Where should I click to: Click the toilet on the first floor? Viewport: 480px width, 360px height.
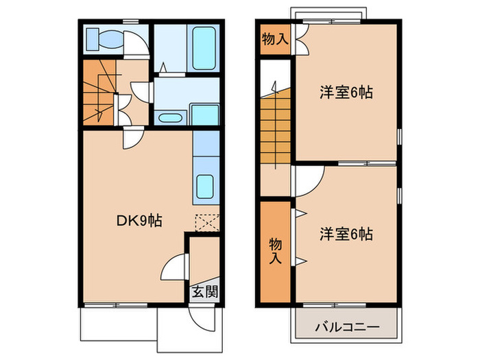(104, 40)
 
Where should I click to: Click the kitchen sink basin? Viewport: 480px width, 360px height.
(206, 185)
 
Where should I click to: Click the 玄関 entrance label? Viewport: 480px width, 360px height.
(204, 291)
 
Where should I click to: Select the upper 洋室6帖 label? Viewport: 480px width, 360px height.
(346, 93)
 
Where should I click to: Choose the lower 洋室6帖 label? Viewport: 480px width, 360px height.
(346, 235)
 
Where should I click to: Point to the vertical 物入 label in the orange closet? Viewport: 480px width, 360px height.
(275, 250)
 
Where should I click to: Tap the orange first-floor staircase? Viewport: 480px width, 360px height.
(100, 93)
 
